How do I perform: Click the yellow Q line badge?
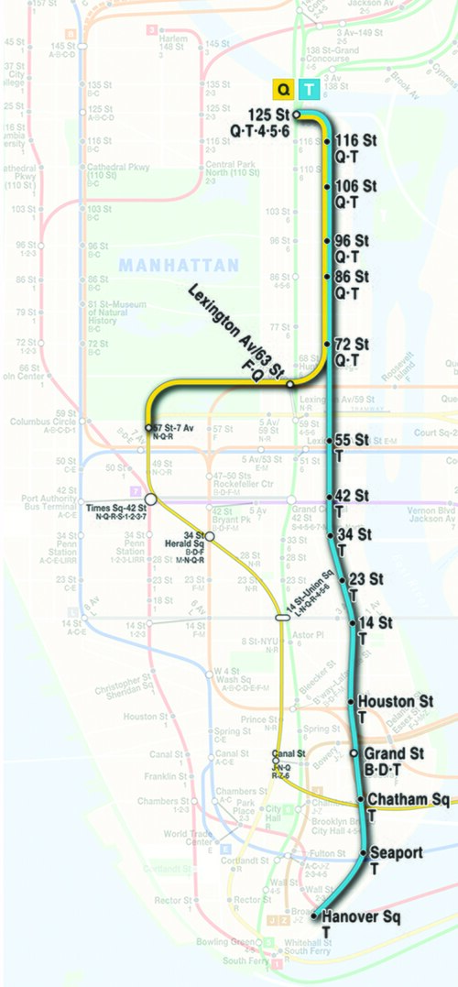[284, 89]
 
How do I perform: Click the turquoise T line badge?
[311, 89]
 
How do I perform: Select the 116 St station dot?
[327, 143]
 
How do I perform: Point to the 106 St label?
[356, 186]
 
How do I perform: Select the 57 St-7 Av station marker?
[148, 427]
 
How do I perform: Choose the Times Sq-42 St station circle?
[151, 498]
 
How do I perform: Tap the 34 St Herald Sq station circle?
[209, 535]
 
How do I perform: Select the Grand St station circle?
[354, 753]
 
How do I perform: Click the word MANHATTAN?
[179, 265]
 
